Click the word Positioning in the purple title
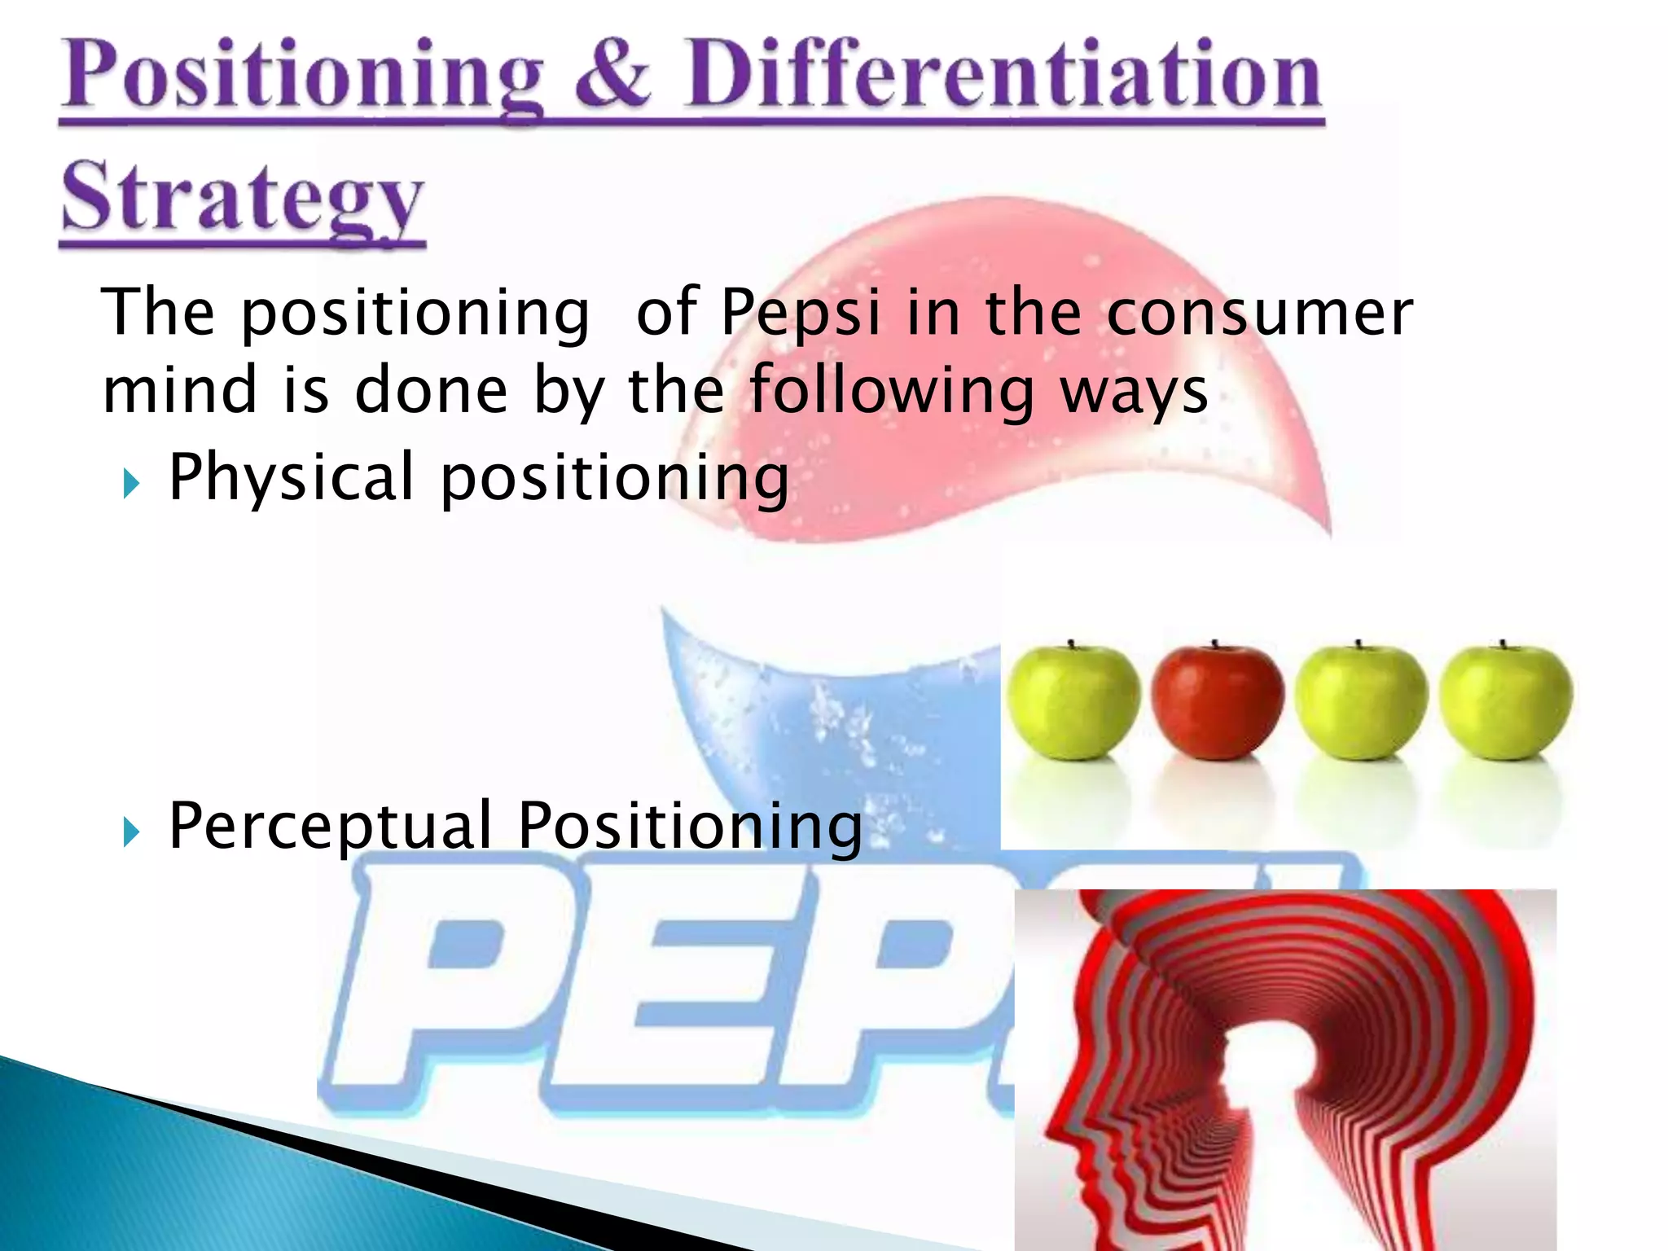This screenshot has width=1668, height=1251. point(301,77)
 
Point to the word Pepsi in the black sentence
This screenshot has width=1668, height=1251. point(800,314)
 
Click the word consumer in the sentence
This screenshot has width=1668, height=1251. point(1259,314)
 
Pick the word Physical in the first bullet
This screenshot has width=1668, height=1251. point(292,478)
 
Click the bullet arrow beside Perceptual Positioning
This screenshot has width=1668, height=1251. point(131,832)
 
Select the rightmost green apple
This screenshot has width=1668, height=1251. point(1505,702)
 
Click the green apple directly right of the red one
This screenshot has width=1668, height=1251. point(1360,702)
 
